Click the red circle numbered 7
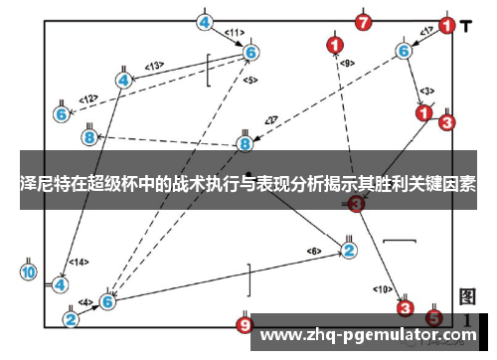point(365,22)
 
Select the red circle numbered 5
point(433,318)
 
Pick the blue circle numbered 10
point(29,271)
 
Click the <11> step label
point(235,33)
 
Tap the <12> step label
point(88,98)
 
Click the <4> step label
point(85,302)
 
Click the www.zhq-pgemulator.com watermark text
point(368,335)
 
